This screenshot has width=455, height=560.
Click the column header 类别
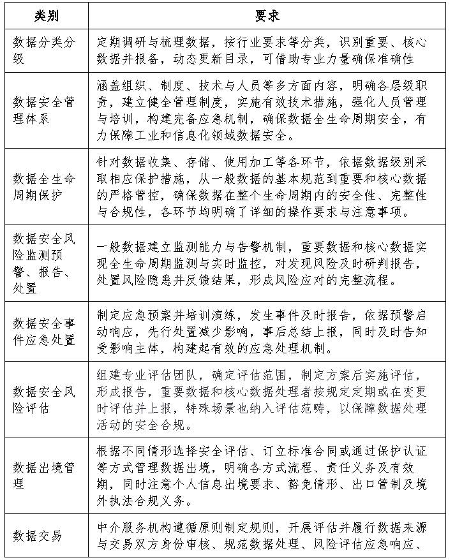point(45,15)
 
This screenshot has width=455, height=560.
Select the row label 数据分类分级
point(45,50)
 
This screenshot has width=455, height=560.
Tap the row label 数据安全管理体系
point(45,110)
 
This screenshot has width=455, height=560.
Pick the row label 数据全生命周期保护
point(45,186)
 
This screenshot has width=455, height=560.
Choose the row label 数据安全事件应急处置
point(45,330)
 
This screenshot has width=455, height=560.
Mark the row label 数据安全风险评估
point(45,399)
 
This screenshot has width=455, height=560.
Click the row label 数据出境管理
point(45,476)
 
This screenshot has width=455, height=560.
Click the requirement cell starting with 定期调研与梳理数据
point(262,50)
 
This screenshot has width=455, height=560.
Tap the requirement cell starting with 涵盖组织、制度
point(262,110)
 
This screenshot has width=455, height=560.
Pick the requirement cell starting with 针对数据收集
point(262,186)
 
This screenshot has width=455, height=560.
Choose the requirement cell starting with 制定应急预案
point(262,330)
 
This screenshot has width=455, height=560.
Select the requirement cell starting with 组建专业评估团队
point(262,399)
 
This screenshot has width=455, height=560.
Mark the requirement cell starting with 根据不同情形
point(262,476)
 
